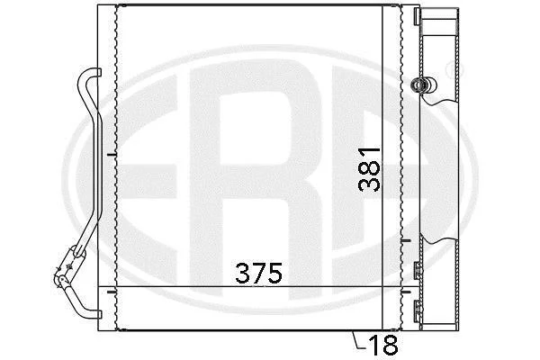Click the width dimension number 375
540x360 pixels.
pos(258,274)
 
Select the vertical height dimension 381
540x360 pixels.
pos(369,169)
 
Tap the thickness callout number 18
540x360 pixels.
pos(383,345)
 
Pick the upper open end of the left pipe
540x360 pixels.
pos(98,72)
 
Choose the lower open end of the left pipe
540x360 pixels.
pos(98,314)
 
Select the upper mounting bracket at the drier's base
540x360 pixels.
pos(417,270)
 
